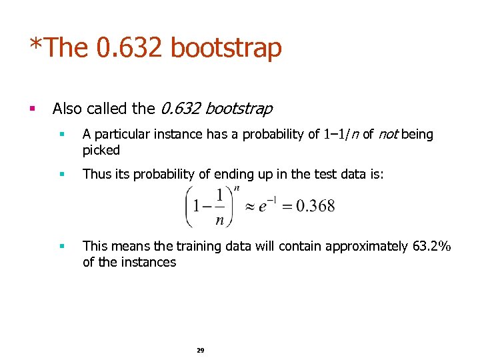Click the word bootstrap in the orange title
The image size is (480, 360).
226,48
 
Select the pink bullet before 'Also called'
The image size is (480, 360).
33,107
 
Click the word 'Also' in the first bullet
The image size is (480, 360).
67,108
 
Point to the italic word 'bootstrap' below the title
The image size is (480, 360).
239,108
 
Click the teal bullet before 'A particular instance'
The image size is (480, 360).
61,134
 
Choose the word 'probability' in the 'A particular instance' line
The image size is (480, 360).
271,135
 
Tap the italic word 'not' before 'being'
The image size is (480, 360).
387,135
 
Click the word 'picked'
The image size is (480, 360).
101,150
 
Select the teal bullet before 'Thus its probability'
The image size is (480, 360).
61,174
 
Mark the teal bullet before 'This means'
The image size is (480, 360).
61,246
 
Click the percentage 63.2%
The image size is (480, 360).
431,246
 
